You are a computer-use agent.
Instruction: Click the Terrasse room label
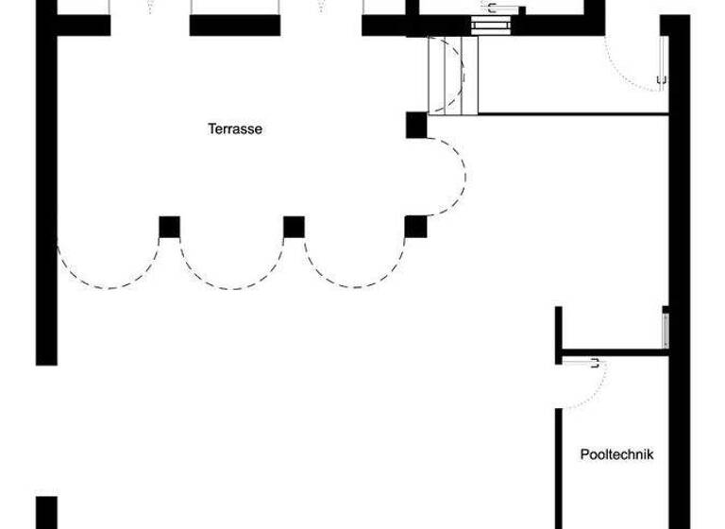(235, 129)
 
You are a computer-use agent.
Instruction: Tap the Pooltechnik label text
(615, 454)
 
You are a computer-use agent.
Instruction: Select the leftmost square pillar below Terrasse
(169, 227)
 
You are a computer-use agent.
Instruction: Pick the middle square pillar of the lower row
(294, 227)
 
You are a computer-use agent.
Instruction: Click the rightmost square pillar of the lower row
(415, 227)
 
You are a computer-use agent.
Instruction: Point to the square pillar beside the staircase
(416, 125)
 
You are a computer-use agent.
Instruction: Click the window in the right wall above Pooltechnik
(666, 329)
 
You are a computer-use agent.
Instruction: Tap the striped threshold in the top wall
(488, 25)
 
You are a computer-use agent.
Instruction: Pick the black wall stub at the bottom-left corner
(46, 513)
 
